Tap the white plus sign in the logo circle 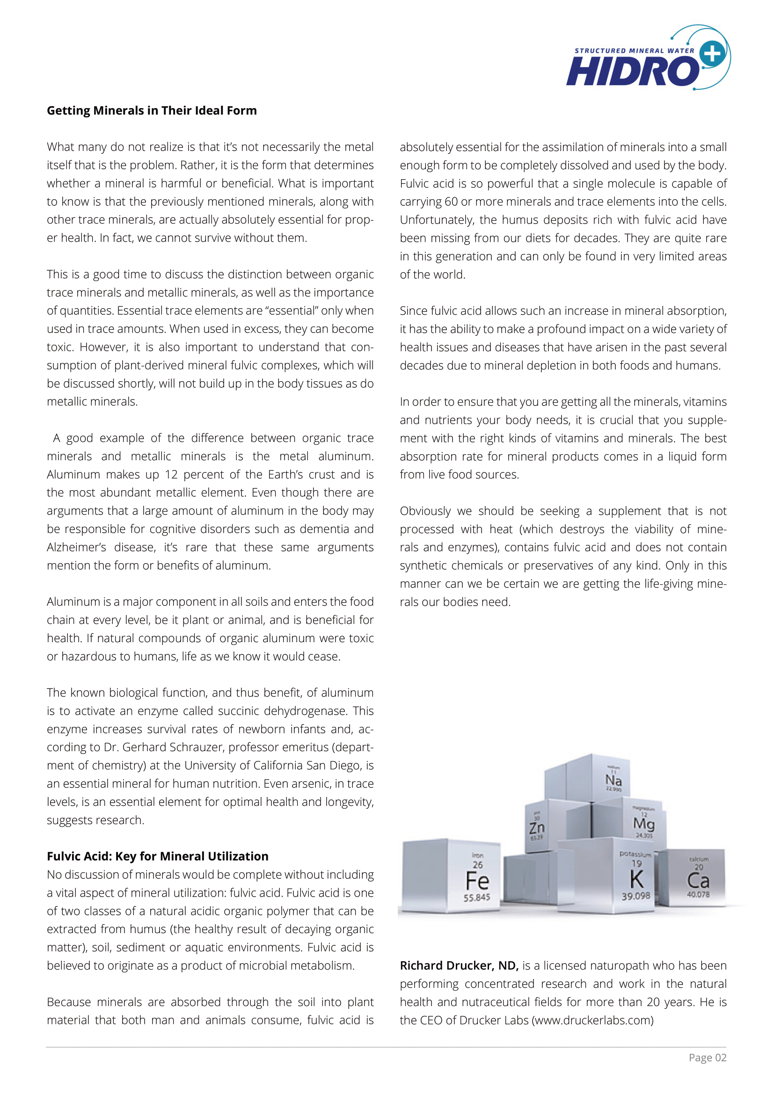[713, 53]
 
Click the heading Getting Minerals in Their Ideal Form [152, 110]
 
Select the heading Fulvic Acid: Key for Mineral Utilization [157, 856]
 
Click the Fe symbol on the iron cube [477, 881]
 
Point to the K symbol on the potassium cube [636, 880]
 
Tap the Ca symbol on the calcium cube [698, 881]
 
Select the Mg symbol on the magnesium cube [643, 823]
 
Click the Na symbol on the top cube [613, 781]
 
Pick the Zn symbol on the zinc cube [537, 828]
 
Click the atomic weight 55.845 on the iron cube [476, 898]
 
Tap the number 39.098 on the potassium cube [636, 896]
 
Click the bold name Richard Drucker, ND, [459, 966]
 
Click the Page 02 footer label [707, 1058]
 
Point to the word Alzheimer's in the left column [76, 548]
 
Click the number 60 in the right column [451, 202]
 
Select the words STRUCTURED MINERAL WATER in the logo [634, 51]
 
